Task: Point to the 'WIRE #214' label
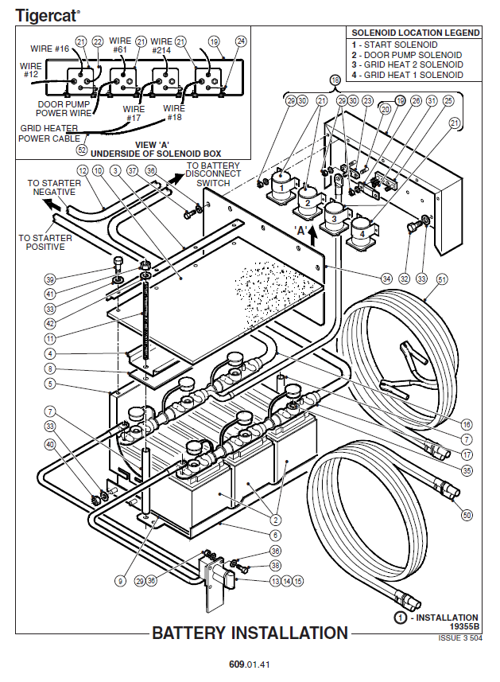tap(161, 46)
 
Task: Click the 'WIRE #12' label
tap(30, 70)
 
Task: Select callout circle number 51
tap(442, 279)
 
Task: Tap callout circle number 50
tap(467, 516)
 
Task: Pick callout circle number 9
tap(120, 581)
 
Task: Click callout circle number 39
tap(51, 279)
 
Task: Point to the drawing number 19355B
tap(463, 626)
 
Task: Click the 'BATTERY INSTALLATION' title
tap(250, 633)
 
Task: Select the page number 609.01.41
tap(250, 663)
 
